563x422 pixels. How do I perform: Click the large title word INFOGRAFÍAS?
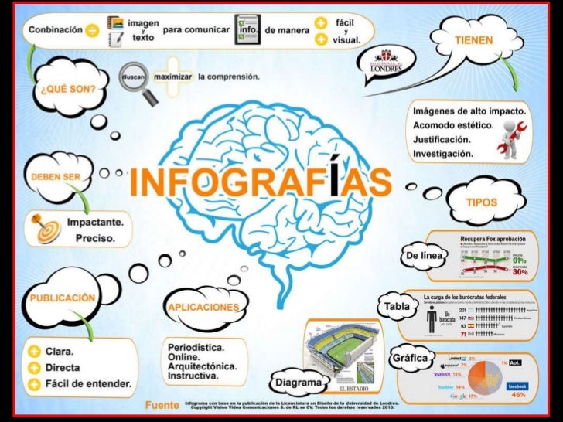tap(261, 182)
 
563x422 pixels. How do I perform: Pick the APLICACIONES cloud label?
tap(203, 307)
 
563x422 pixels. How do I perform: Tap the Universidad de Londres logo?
tap(385, 60)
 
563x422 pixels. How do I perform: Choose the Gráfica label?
tap(410, 359)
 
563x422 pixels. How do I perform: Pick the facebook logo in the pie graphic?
tap(517, 385)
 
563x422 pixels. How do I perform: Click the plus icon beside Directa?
tap(35, 368)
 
